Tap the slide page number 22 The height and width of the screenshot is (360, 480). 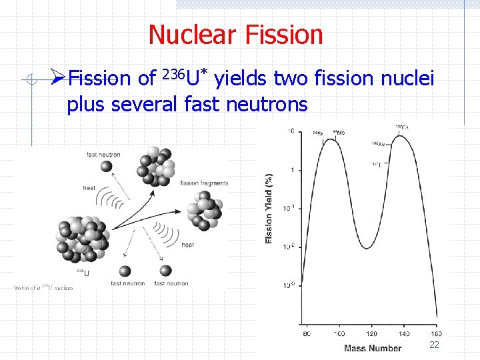point(434,345)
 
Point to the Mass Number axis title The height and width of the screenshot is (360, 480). point(373,348)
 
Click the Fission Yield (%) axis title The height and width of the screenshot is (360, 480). point(269,209)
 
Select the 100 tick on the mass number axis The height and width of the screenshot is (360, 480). point(339,333)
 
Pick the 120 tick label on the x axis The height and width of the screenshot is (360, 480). point(371,333)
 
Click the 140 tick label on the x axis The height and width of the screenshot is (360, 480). point(404,333)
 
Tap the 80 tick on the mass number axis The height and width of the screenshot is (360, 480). point(307,333)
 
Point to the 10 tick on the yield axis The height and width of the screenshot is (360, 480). point(291,131)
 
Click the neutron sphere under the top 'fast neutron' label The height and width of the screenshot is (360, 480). point(105,167)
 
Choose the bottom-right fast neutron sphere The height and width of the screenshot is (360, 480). point(167,271)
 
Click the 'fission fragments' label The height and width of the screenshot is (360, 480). point(204,183)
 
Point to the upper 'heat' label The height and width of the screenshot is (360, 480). point(89,188)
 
